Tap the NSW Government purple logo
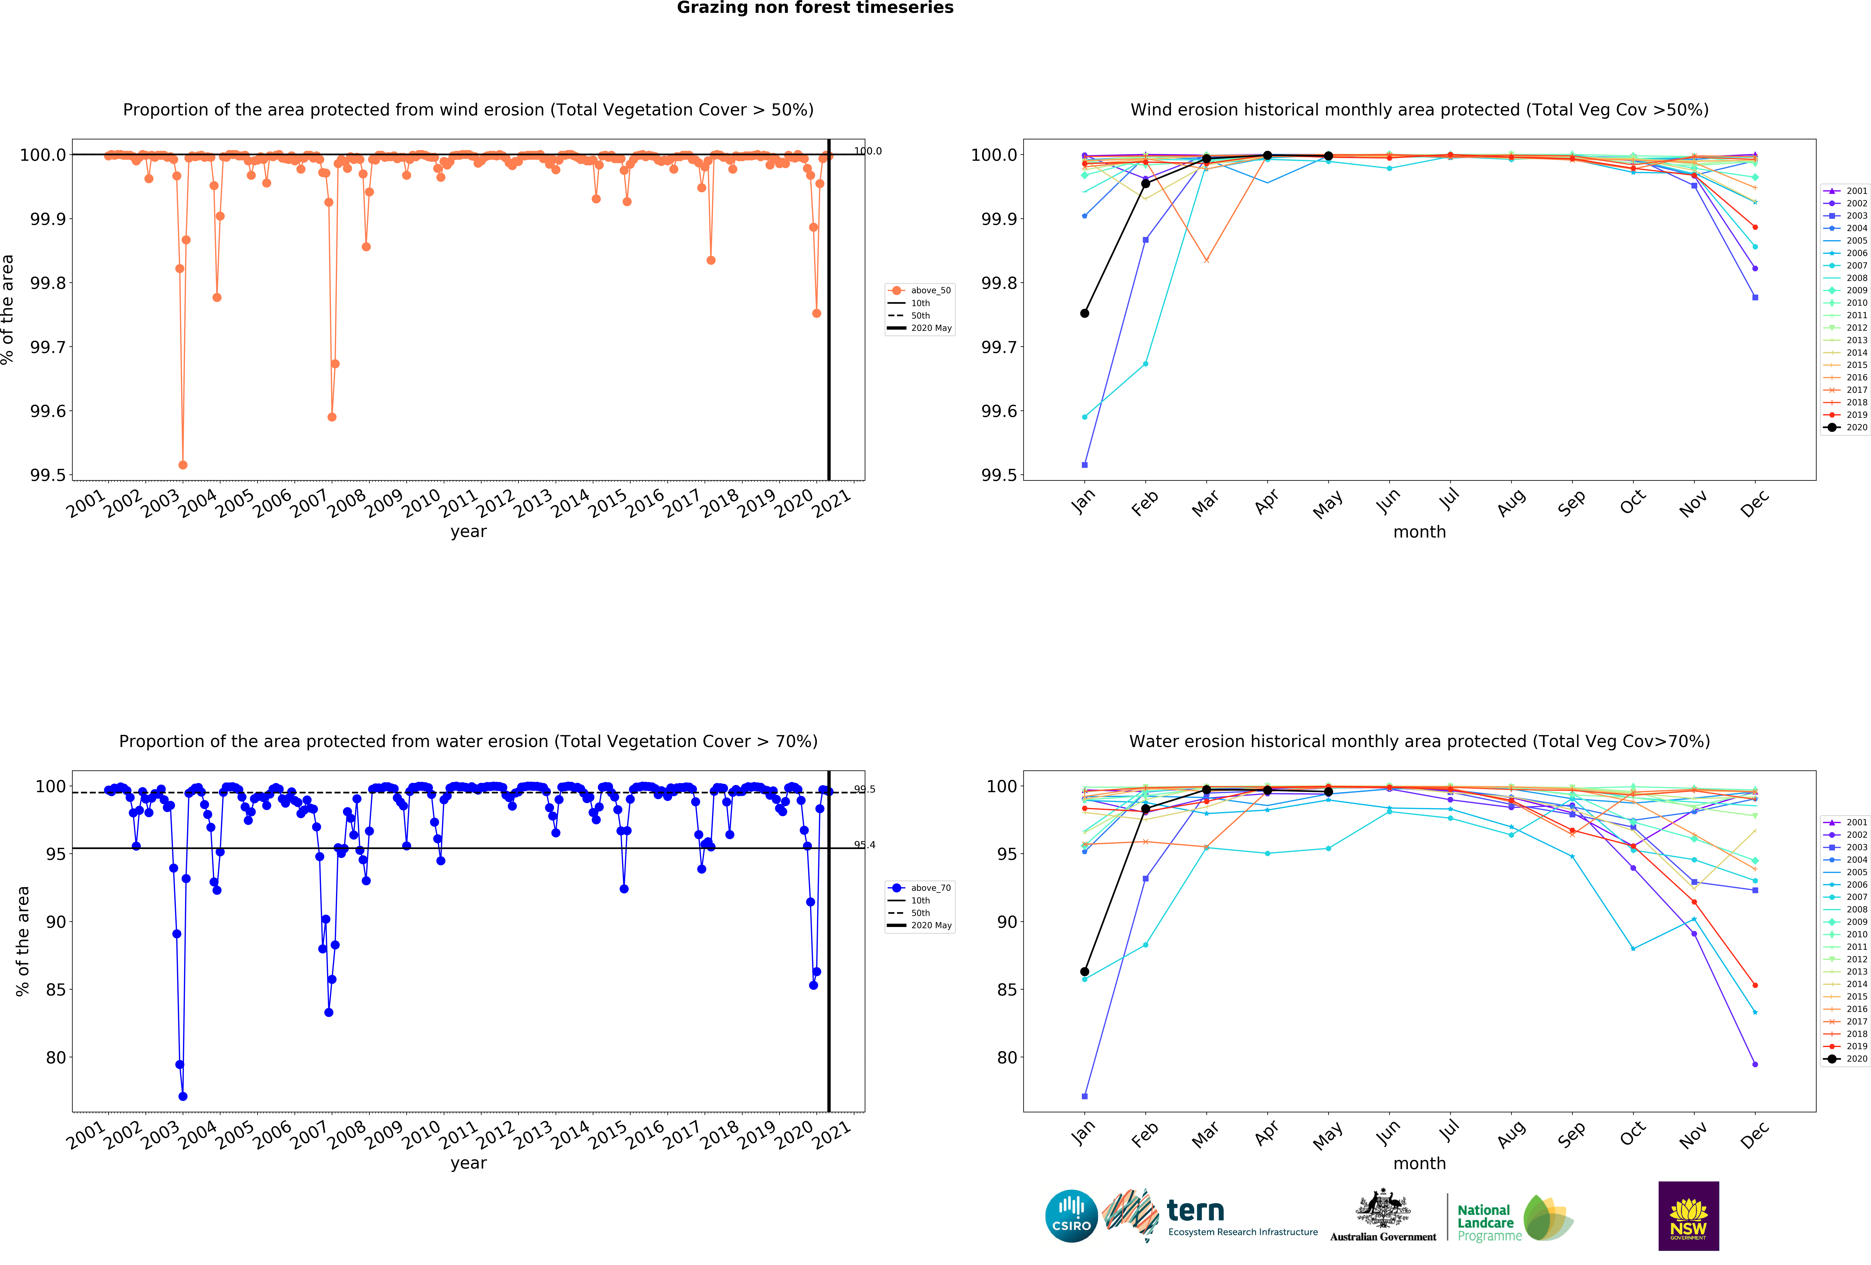tap(1688, 1216)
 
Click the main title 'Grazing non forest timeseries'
tap(815, 8)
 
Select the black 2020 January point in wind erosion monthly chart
tap(1084, 313)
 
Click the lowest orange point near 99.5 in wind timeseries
tap(183, 465)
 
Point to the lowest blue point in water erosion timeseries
tap(183, 1096)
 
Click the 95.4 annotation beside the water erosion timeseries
tap(865, 845)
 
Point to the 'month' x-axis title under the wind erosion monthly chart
tap(1419, 532)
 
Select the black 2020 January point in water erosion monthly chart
tap(1084, 972)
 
